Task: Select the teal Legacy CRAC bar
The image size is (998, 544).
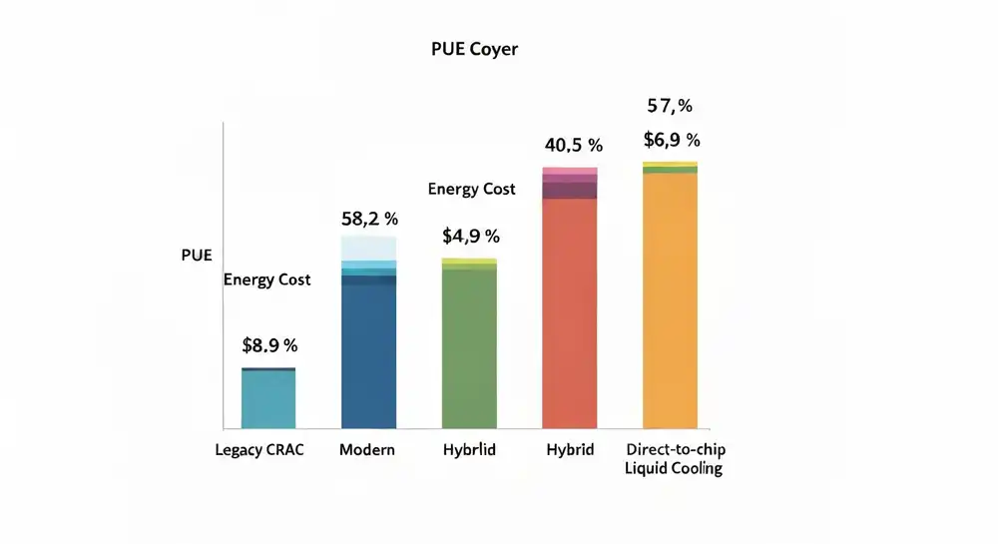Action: [x=269, y=399]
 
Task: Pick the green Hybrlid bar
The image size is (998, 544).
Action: [x=469, y=349]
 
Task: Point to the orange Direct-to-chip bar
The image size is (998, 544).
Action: [x=670, y=299]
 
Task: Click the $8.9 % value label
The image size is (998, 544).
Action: [x=269, y=346]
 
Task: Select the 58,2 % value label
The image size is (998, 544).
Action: [x=369, y=218]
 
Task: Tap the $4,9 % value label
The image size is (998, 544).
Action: [x=470, y=237]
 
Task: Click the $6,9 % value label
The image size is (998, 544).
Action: [x=671, y=140]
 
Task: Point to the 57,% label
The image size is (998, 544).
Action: [x=670, y=106]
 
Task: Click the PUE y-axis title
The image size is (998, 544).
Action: [x=197, y=256]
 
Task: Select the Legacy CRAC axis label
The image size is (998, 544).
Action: [x=259, y=450]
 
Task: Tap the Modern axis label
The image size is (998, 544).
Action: [x=367, y=450]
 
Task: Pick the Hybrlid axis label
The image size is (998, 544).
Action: [x=469, y=450]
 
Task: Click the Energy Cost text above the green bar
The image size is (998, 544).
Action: [x=471, y=189]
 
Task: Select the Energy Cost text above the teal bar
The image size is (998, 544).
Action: [x=266, y=279]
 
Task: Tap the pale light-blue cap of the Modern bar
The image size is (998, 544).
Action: [x=369, y=248]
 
